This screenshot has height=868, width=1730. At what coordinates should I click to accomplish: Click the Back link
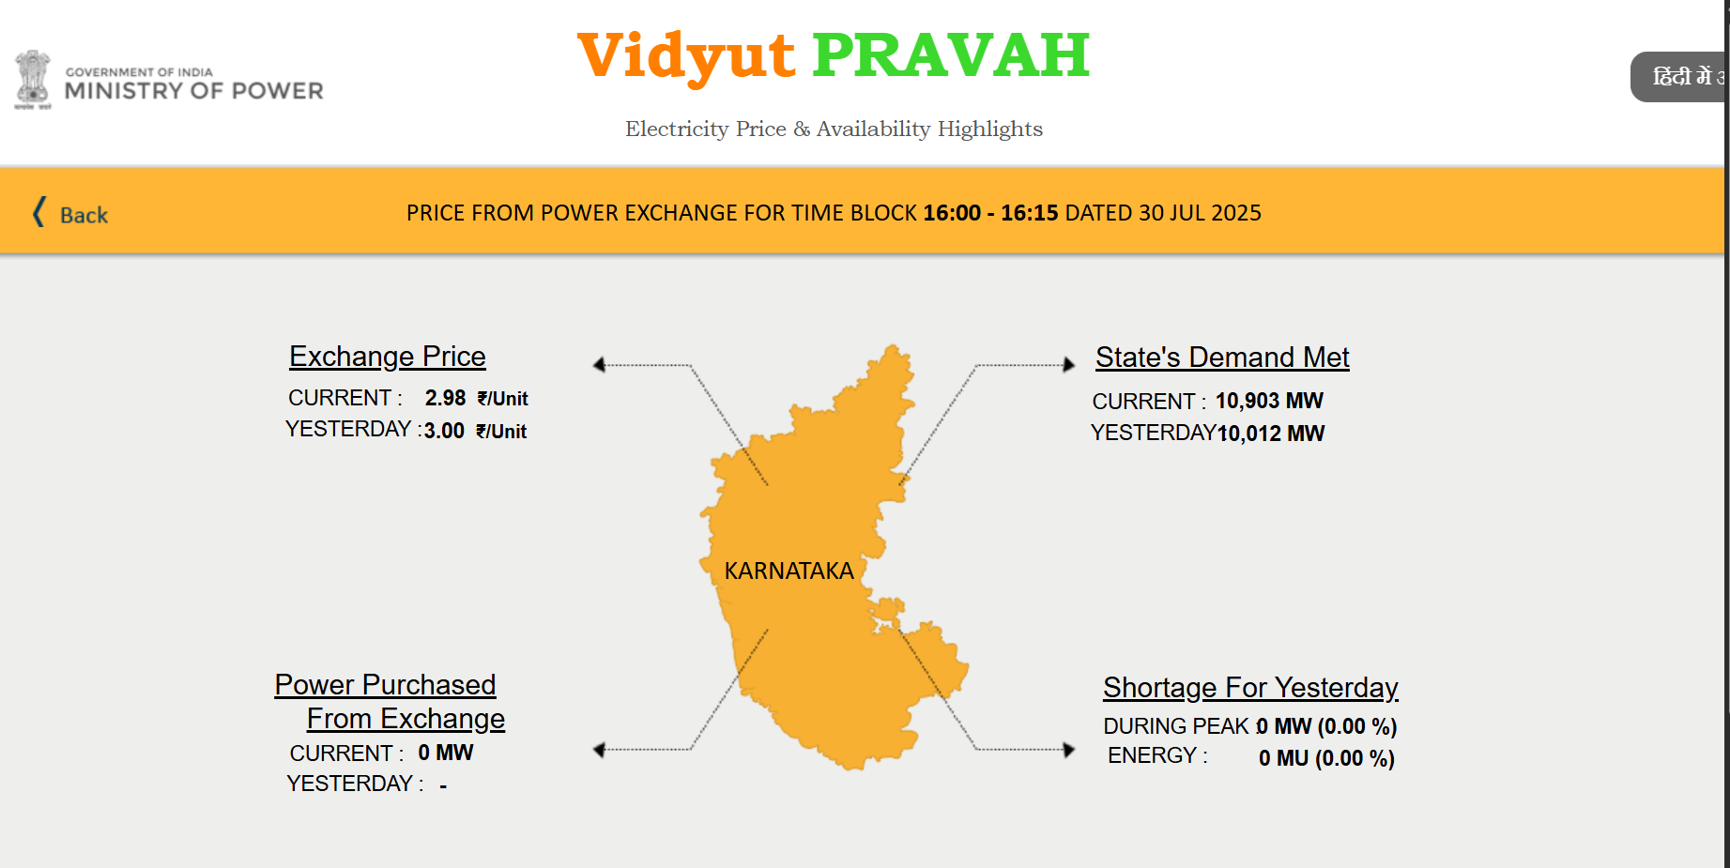coord(70,214)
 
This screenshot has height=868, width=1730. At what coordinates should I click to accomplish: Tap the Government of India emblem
coord(33,80)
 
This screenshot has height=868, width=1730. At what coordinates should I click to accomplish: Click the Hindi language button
coord(1679,77)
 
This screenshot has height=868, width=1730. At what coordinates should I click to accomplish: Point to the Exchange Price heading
coord(388,357)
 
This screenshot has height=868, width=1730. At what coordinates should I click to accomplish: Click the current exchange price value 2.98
coord(445,398)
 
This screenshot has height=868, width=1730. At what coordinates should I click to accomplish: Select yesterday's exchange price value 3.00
coord(444,431)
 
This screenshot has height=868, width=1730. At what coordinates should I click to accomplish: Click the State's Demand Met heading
coord(1222,358)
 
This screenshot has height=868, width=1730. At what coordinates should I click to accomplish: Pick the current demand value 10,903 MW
coord(1269,401)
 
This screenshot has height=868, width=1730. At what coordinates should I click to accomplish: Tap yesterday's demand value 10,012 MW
coord(1271,434)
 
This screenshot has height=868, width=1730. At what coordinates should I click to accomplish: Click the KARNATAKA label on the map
coord(788,571)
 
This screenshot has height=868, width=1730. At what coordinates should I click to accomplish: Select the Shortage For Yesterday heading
coord(1250,688)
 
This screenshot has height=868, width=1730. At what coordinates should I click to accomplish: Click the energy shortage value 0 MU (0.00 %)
coord(1326,758)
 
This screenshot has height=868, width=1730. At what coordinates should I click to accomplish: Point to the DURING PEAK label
coord(1176,726)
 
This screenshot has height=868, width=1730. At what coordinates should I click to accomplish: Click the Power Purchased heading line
coord(385,685)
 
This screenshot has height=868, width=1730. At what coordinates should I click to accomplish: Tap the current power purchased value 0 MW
coord(446,753)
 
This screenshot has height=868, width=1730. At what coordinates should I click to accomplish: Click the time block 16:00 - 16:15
coord(990,213)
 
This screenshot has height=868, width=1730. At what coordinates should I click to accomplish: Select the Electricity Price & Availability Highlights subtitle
coord(834,129)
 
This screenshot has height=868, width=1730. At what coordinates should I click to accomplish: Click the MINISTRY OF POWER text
coord(194,91)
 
